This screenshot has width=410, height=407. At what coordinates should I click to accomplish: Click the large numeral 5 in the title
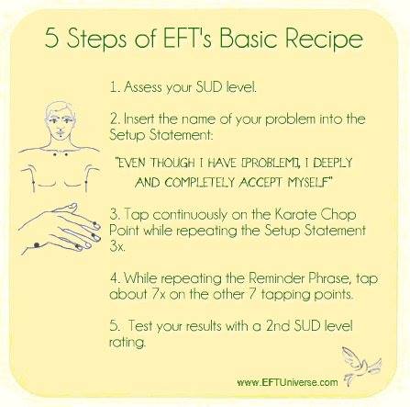pos(51,38)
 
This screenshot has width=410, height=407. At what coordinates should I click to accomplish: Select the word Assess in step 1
pos(143,87)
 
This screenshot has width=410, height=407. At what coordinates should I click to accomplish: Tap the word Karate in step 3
pos(294,214)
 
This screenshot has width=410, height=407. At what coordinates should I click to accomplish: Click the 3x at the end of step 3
pos(117,246)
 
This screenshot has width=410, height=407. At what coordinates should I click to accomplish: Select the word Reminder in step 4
pos(277,278)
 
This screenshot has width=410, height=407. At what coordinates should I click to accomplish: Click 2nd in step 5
pos(278,325)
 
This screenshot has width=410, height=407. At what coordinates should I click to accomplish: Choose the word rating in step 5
pos(127,343)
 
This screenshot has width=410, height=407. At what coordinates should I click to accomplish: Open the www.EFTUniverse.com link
pos(287,382)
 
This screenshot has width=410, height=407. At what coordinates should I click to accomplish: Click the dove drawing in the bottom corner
pos(360,365)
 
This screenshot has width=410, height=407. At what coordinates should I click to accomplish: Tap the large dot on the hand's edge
pos(37,245)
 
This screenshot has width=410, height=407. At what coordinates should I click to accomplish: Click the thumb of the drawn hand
pos(65,208)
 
